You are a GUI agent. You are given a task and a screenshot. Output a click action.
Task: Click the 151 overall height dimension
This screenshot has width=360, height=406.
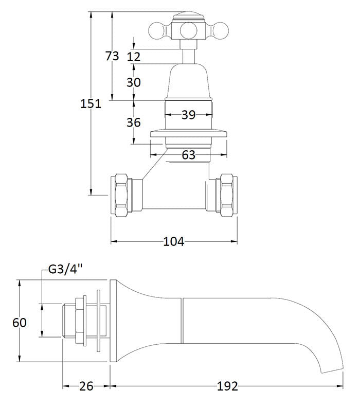click(x=91, y=103)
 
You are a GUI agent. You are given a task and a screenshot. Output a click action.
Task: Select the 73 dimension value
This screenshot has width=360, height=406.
click(x=112, y=56)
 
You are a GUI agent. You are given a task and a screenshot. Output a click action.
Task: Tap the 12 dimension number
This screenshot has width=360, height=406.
click(x=134, y=57)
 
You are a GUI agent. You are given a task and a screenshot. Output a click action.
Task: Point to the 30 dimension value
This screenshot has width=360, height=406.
click(x=134, y=82)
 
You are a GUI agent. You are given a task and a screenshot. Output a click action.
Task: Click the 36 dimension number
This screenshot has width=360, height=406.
click(x=134, y=122)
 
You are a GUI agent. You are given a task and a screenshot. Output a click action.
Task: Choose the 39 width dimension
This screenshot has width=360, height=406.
click(x=188, y=115)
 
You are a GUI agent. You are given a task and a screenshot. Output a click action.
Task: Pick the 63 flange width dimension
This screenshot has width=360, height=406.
click(x=189, y=154)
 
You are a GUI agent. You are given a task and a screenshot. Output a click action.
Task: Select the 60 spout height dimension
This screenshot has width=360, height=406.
click(x=19, y=323)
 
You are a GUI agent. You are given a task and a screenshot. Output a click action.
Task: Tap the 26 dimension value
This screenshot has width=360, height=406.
click(x=86, y=386)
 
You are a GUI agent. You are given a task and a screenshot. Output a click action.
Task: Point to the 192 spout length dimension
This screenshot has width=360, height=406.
click(x=227, y=386)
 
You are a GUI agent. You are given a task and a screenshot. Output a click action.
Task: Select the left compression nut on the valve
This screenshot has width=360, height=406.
click(x=122, y=195)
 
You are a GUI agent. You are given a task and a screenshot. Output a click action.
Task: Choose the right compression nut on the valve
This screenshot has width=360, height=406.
click(x=227, y=195)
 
